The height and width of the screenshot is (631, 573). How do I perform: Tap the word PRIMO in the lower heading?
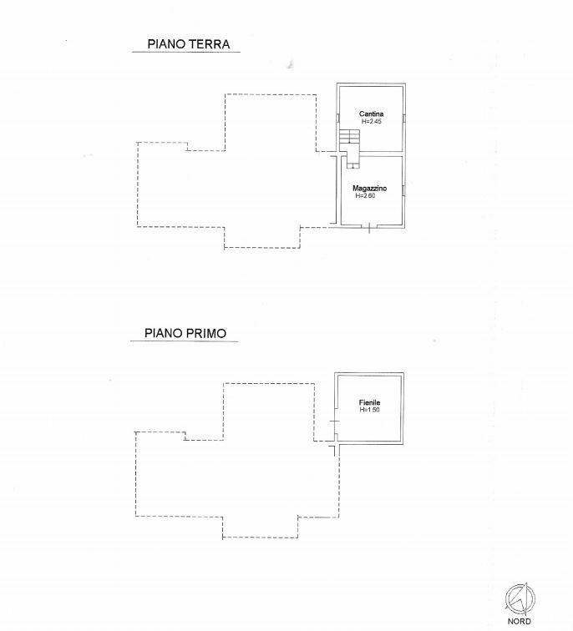point(206,333)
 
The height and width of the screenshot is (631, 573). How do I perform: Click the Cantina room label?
point(371,114)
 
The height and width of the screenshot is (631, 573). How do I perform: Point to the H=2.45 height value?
point(371,121)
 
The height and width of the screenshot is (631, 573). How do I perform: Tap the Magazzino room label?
point(370,188)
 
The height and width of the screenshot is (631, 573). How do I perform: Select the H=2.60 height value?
point(366,195)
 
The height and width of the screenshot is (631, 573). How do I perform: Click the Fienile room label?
point(370,402)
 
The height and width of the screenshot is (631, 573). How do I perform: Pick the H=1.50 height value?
point(370,410)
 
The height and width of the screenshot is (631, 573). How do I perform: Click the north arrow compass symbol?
point(520,598)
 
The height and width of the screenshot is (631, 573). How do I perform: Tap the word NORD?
point(519,621)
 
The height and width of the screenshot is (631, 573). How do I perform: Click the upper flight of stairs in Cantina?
point(349,136)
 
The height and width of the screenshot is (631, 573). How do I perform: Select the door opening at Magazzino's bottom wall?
point(369,226)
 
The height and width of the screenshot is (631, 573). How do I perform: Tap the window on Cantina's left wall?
point(338,118)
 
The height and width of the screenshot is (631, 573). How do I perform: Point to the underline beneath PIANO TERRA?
point(186,52)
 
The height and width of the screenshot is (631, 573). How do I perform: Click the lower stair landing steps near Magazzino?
point(352,159)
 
